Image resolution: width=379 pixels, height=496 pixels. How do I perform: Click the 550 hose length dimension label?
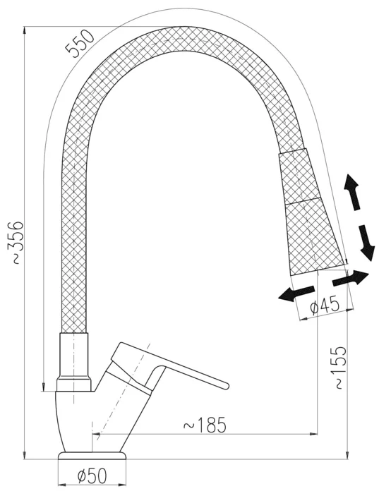click(80, 43)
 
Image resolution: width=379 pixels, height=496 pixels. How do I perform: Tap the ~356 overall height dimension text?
click(15, 243)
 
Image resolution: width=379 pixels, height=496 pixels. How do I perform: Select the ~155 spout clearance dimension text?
click(338, 368)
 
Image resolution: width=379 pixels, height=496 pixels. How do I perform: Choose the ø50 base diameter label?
click(92, 476)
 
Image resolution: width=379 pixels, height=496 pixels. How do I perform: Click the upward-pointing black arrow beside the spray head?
click(353, 191)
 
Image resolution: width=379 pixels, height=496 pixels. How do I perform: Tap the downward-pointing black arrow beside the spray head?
click(367, 243)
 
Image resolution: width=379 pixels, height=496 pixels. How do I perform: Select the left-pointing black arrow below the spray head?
click(296, 294)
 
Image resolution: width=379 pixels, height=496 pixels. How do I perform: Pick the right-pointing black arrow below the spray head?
click(351, 279)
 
